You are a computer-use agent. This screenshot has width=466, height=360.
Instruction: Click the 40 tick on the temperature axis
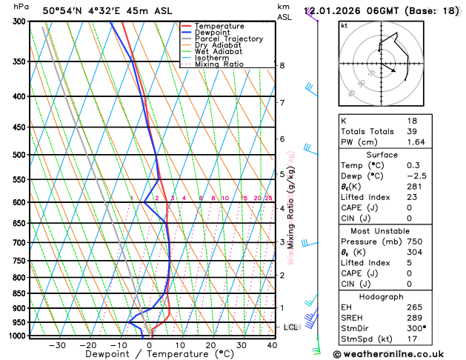pos(272,345)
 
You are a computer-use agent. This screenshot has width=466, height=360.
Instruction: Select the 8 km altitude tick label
pos(282,65)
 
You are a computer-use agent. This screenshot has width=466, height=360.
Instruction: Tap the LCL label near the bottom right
pos(291,327)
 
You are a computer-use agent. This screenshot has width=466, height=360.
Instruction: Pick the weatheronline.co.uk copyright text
pos(389,354)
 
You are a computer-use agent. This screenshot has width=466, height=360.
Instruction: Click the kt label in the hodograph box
pos(344,26)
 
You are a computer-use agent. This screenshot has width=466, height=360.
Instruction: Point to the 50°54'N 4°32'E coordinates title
pos(88,11)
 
